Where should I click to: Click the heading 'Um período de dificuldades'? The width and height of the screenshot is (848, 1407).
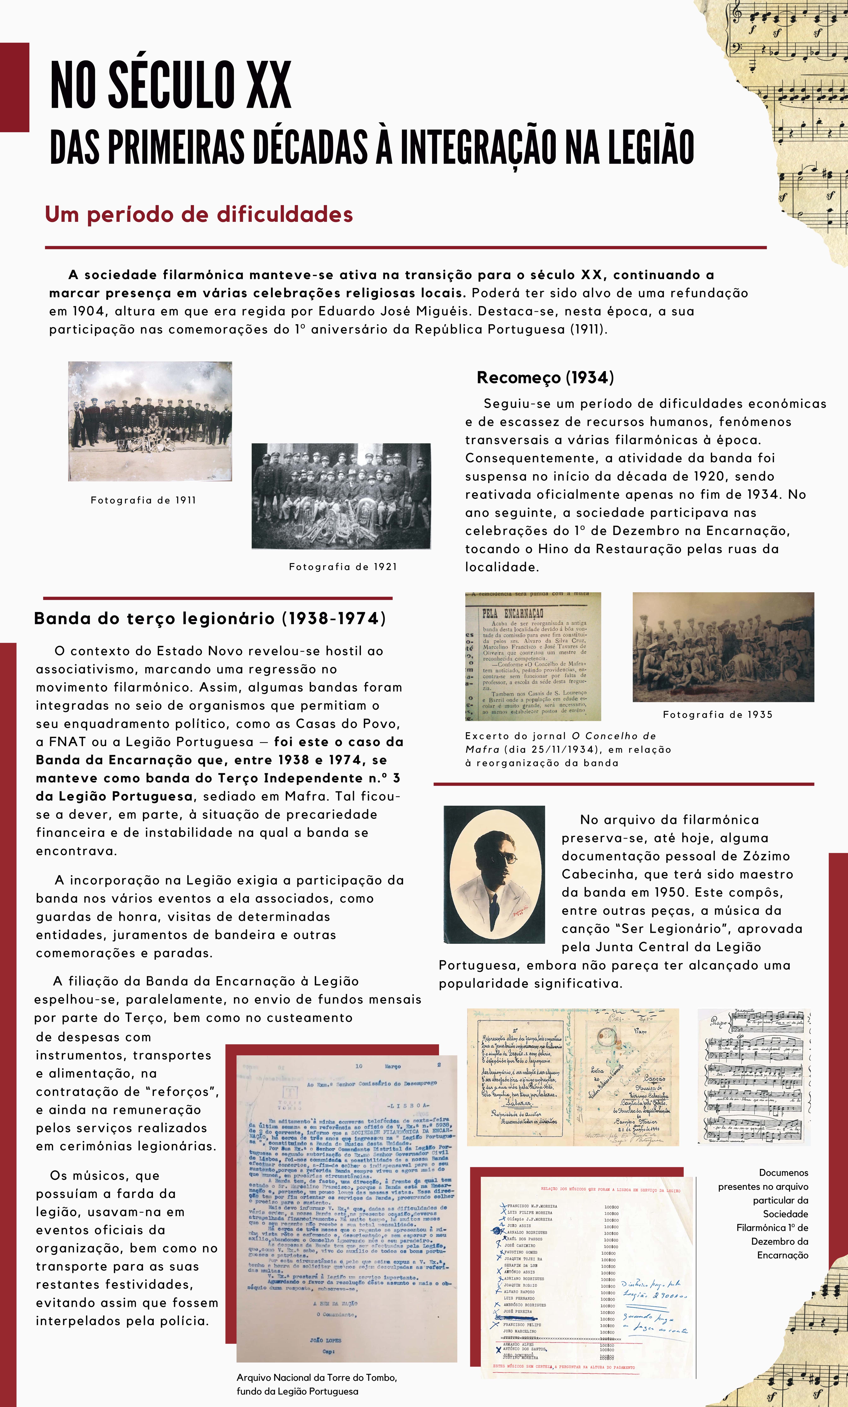pos(199,215)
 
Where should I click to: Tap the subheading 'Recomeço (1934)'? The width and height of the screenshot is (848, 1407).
pos(545,377)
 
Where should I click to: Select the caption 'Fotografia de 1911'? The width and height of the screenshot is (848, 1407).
pos(143,500)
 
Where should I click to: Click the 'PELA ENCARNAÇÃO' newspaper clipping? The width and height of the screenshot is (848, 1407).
pos(533,656)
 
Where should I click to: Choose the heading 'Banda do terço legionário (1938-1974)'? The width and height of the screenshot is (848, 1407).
pos(210,618)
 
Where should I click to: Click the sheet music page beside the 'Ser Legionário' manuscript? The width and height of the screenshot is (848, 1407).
pos(754,1076)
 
